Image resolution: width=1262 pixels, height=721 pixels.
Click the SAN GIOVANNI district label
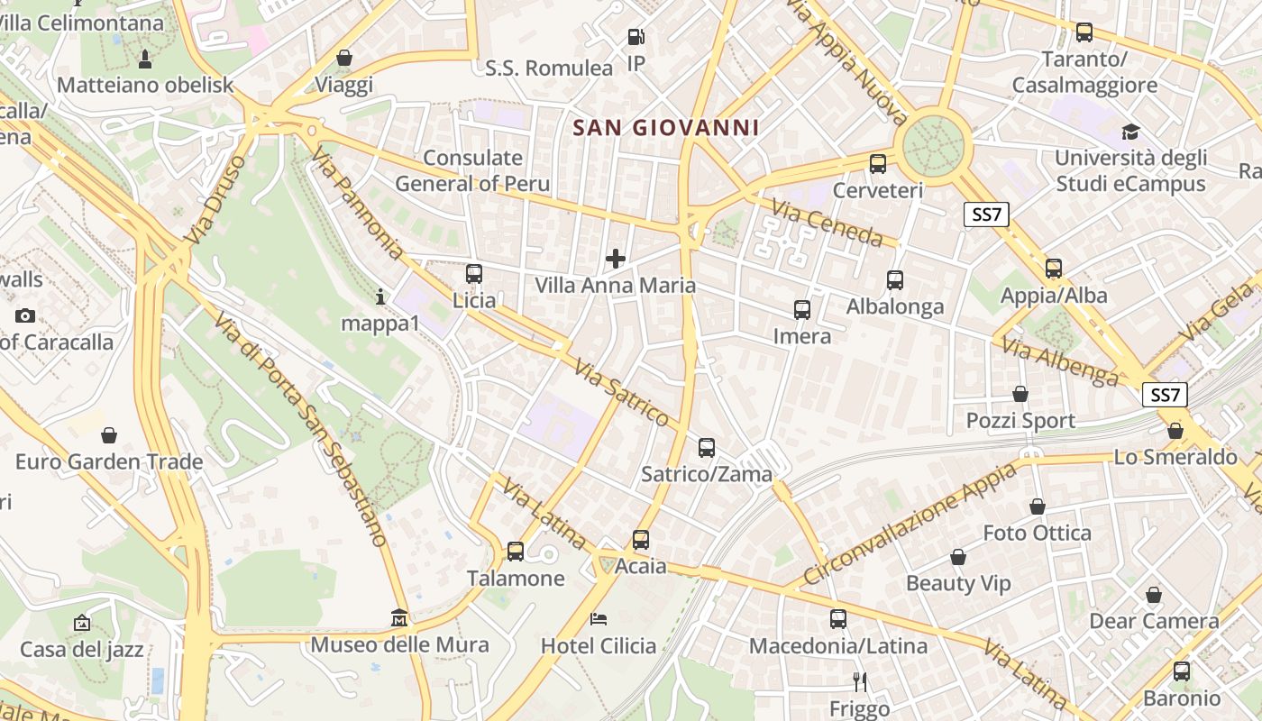pyautogui.click(x=666, y=128)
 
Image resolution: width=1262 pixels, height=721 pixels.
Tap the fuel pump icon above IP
pyautogui.click(x=636, y=37)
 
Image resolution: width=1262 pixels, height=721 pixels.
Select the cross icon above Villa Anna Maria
pyautogui.click(x=616, y=260)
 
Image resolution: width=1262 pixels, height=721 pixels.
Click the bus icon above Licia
pyautogui.click(x=474, y=274)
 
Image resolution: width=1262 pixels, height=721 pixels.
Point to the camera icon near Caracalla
pyautogui.click(x=25, y=315)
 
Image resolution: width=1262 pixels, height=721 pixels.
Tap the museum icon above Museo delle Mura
pyautogui.click(x=399, y=618)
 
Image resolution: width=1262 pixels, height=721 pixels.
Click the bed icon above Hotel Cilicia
pyautogui.click(x=599, y=618)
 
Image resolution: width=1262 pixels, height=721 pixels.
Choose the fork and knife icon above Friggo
pyautogui.click(x=860, y=681)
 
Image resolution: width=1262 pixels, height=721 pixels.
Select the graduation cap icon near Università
pyautogui.click(x=1130, y=132)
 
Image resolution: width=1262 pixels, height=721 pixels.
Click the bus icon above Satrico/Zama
pyautogui.click(x=707, y=447)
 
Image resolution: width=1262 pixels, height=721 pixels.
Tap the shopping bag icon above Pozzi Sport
pyautogui.click(x=1020, y=394)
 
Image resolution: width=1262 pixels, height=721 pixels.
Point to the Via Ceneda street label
pyautogui.click(x=828, y=224)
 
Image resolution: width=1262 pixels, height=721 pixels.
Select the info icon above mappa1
pyautogui.click(x=380, y=297)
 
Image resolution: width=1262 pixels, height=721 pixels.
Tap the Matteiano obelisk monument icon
pyautogui.click(x=144, y=59)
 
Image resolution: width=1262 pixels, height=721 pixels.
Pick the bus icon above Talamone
pyautogui.click(x=516, y=551)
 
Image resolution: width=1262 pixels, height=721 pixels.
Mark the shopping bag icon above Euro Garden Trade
pyautogui.click(x=108, y=435)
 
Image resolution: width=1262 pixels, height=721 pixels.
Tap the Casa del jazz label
pyautogui.click(x=81, y=649)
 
